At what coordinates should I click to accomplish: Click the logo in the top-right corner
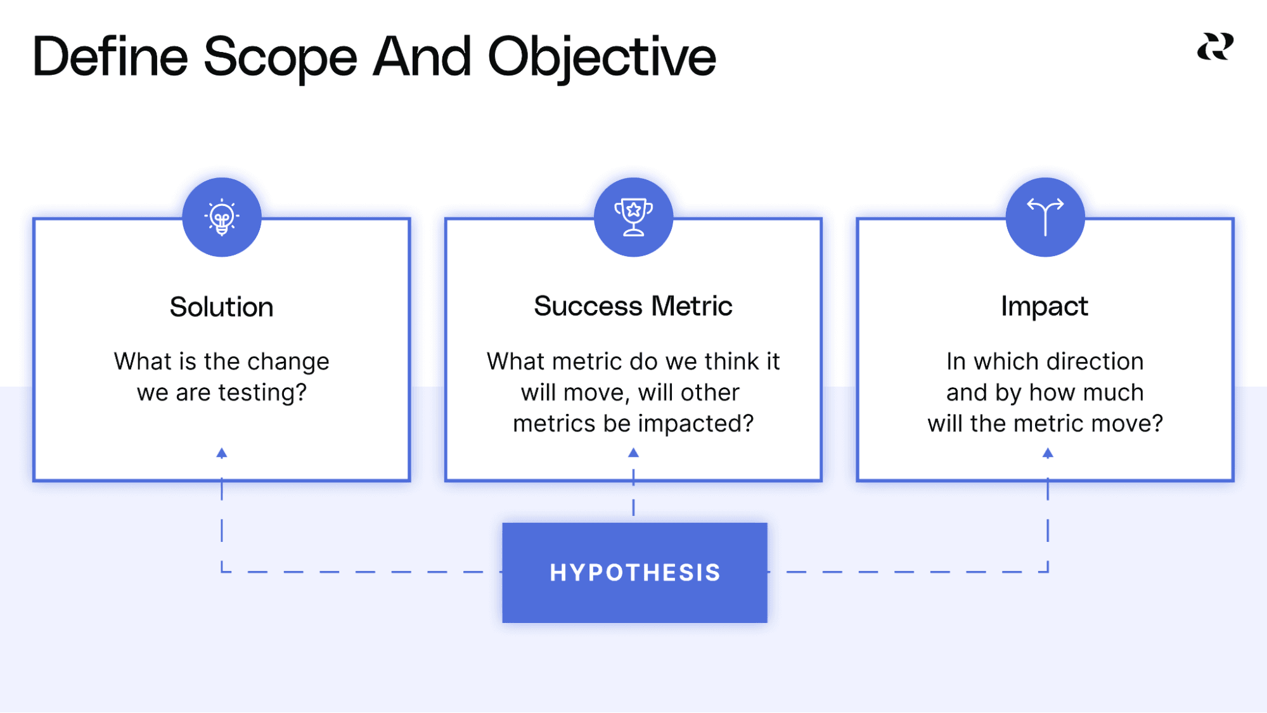pos(1215,48)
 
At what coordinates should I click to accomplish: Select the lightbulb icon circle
pos(222,217)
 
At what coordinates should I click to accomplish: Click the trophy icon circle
pos(633,217)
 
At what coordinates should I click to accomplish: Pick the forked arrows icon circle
pos(1045,217)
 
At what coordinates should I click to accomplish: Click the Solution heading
pos(222,307)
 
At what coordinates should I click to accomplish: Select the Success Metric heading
pos(633,307)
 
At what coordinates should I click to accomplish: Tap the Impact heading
pos(1045,307)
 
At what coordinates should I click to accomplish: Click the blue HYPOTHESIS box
pos(634,572)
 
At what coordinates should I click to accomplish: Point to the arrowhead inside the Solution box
pos(222,453)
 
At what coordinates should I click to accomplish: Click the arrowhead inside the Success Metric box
pos(633,453)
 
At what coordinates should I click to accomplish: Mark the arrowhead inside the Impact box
pos(1048,453)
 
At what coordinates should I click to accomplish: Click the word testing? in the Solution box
pos(262,393)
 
